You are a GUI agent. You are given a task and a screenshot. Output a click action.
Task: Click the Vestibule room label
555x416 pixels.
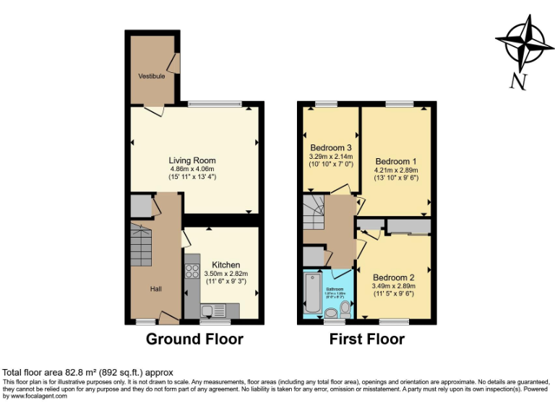152,76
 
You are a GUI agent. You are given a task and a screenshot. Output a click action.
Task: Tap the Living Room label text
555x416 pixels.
192,160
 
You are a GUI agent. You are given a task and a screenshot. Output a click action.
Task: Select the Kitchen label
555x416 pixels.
225,265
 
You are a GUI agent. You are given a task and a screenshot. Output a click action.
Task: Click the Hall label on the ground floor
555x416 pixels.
156,289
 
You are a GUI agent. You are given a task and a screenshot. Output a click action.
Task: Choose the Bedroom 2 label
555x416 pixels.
393,277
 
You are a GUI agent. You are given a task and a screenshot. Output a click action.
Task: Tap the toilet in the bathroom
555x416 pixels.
345,309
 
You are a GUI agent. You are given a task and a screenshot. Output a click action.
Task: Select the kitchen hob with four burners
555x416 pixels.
192,272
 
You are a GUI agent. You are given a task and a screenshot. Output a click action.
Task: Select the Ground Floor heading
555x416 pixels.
194,339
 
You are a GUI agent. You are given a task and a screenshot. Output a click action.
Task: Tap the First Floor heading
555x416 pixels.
366,339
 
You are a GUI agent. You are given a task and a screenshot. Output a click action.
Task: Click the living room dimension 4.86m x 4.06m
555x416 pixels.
192,169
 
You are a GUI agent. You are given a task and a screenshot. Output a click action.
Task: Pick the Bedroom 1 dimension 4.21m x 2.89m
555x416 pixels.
396,170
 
